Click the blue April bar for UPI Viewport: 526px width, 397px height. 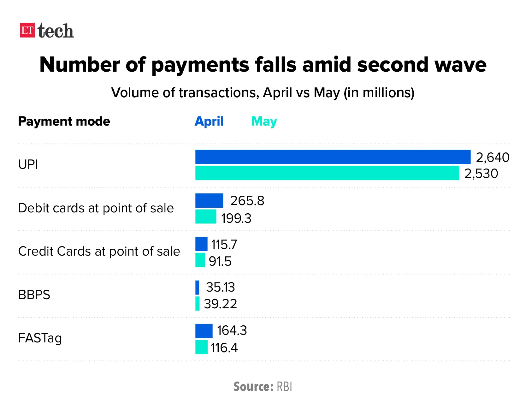click(x=333, y=157)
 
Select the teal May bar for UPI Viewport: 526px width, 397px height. click(x=327, y=173)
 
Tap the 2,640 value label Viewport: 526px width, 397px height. click(x=492, y=157)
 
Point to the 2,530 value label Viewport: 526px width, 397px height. click(x=481, y=174)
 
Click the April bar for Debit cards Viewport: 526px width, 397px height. click(x=209, y=200)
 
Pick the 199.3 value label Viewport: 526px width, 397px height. click(x=236, y=218)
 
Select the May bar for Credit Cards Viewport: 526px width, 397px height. click(x=200, y=260)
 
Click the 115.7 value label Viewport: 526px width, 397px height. click(x=224, y=245)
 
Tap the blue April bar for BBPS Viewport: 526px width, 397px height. click(x=197, y=287)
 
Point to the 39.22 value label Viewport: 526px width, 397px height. click(x=220, y=304)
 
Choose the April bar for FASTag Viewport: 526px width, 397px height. click(x=204, y=331)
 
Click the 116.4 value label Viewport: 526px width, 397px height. click(x=224, y=348)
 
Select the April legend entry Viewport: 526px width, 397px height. click(x=209, y=121)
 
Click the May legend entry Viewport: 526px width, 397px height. click(x=264, y=121)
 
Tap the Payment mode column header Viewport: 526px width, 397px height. click(x=64, y=121)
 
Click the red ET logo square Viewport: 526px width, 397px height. click(x=27, y=30)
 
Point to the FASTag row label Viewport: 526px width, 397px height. click(x=40, y=338)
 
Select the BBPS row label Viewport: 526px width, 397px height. click(x=34, y=295)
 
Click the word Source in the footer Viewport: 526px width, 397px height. click(x=253, y=387)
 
